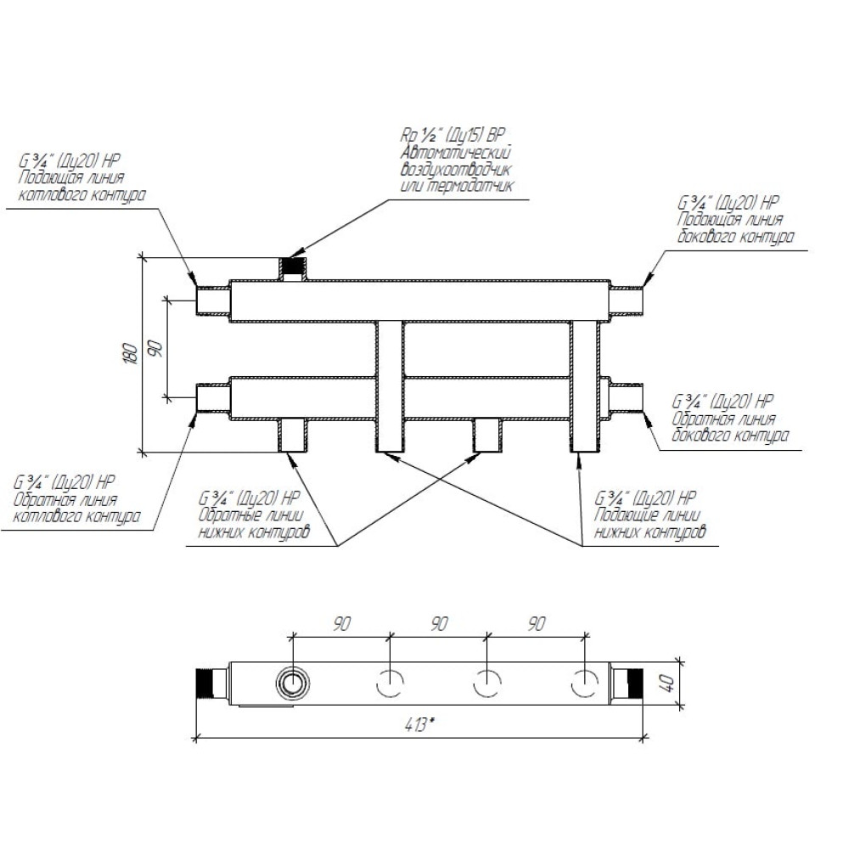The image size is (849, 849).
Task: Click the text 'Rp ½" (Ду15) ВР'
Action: pyautogui.click(x=453, y=136)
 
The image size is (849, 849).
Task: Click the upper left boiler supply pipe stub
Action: pyautogui.click(x=212, y=301)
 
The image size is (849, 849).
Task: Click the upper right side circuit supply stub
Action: pyautogui.click(x=626, y=301)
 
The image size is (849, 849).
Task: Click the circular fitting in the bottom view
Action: pyautogui.click(x=292, y=683)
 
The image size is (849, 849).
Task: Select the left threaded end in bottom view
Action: pyautogui.click(x=208, y=683)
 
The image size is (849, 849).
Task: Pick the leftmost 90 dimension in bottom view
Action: pyautogui.click(x=341, y=624)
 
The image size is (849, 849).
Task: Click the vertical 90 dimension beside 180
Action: pyautogui.click(x=155, y=348)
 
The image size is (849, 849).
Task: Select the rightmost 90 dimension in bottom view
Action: pyautogui.click(x=536, y=624)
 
